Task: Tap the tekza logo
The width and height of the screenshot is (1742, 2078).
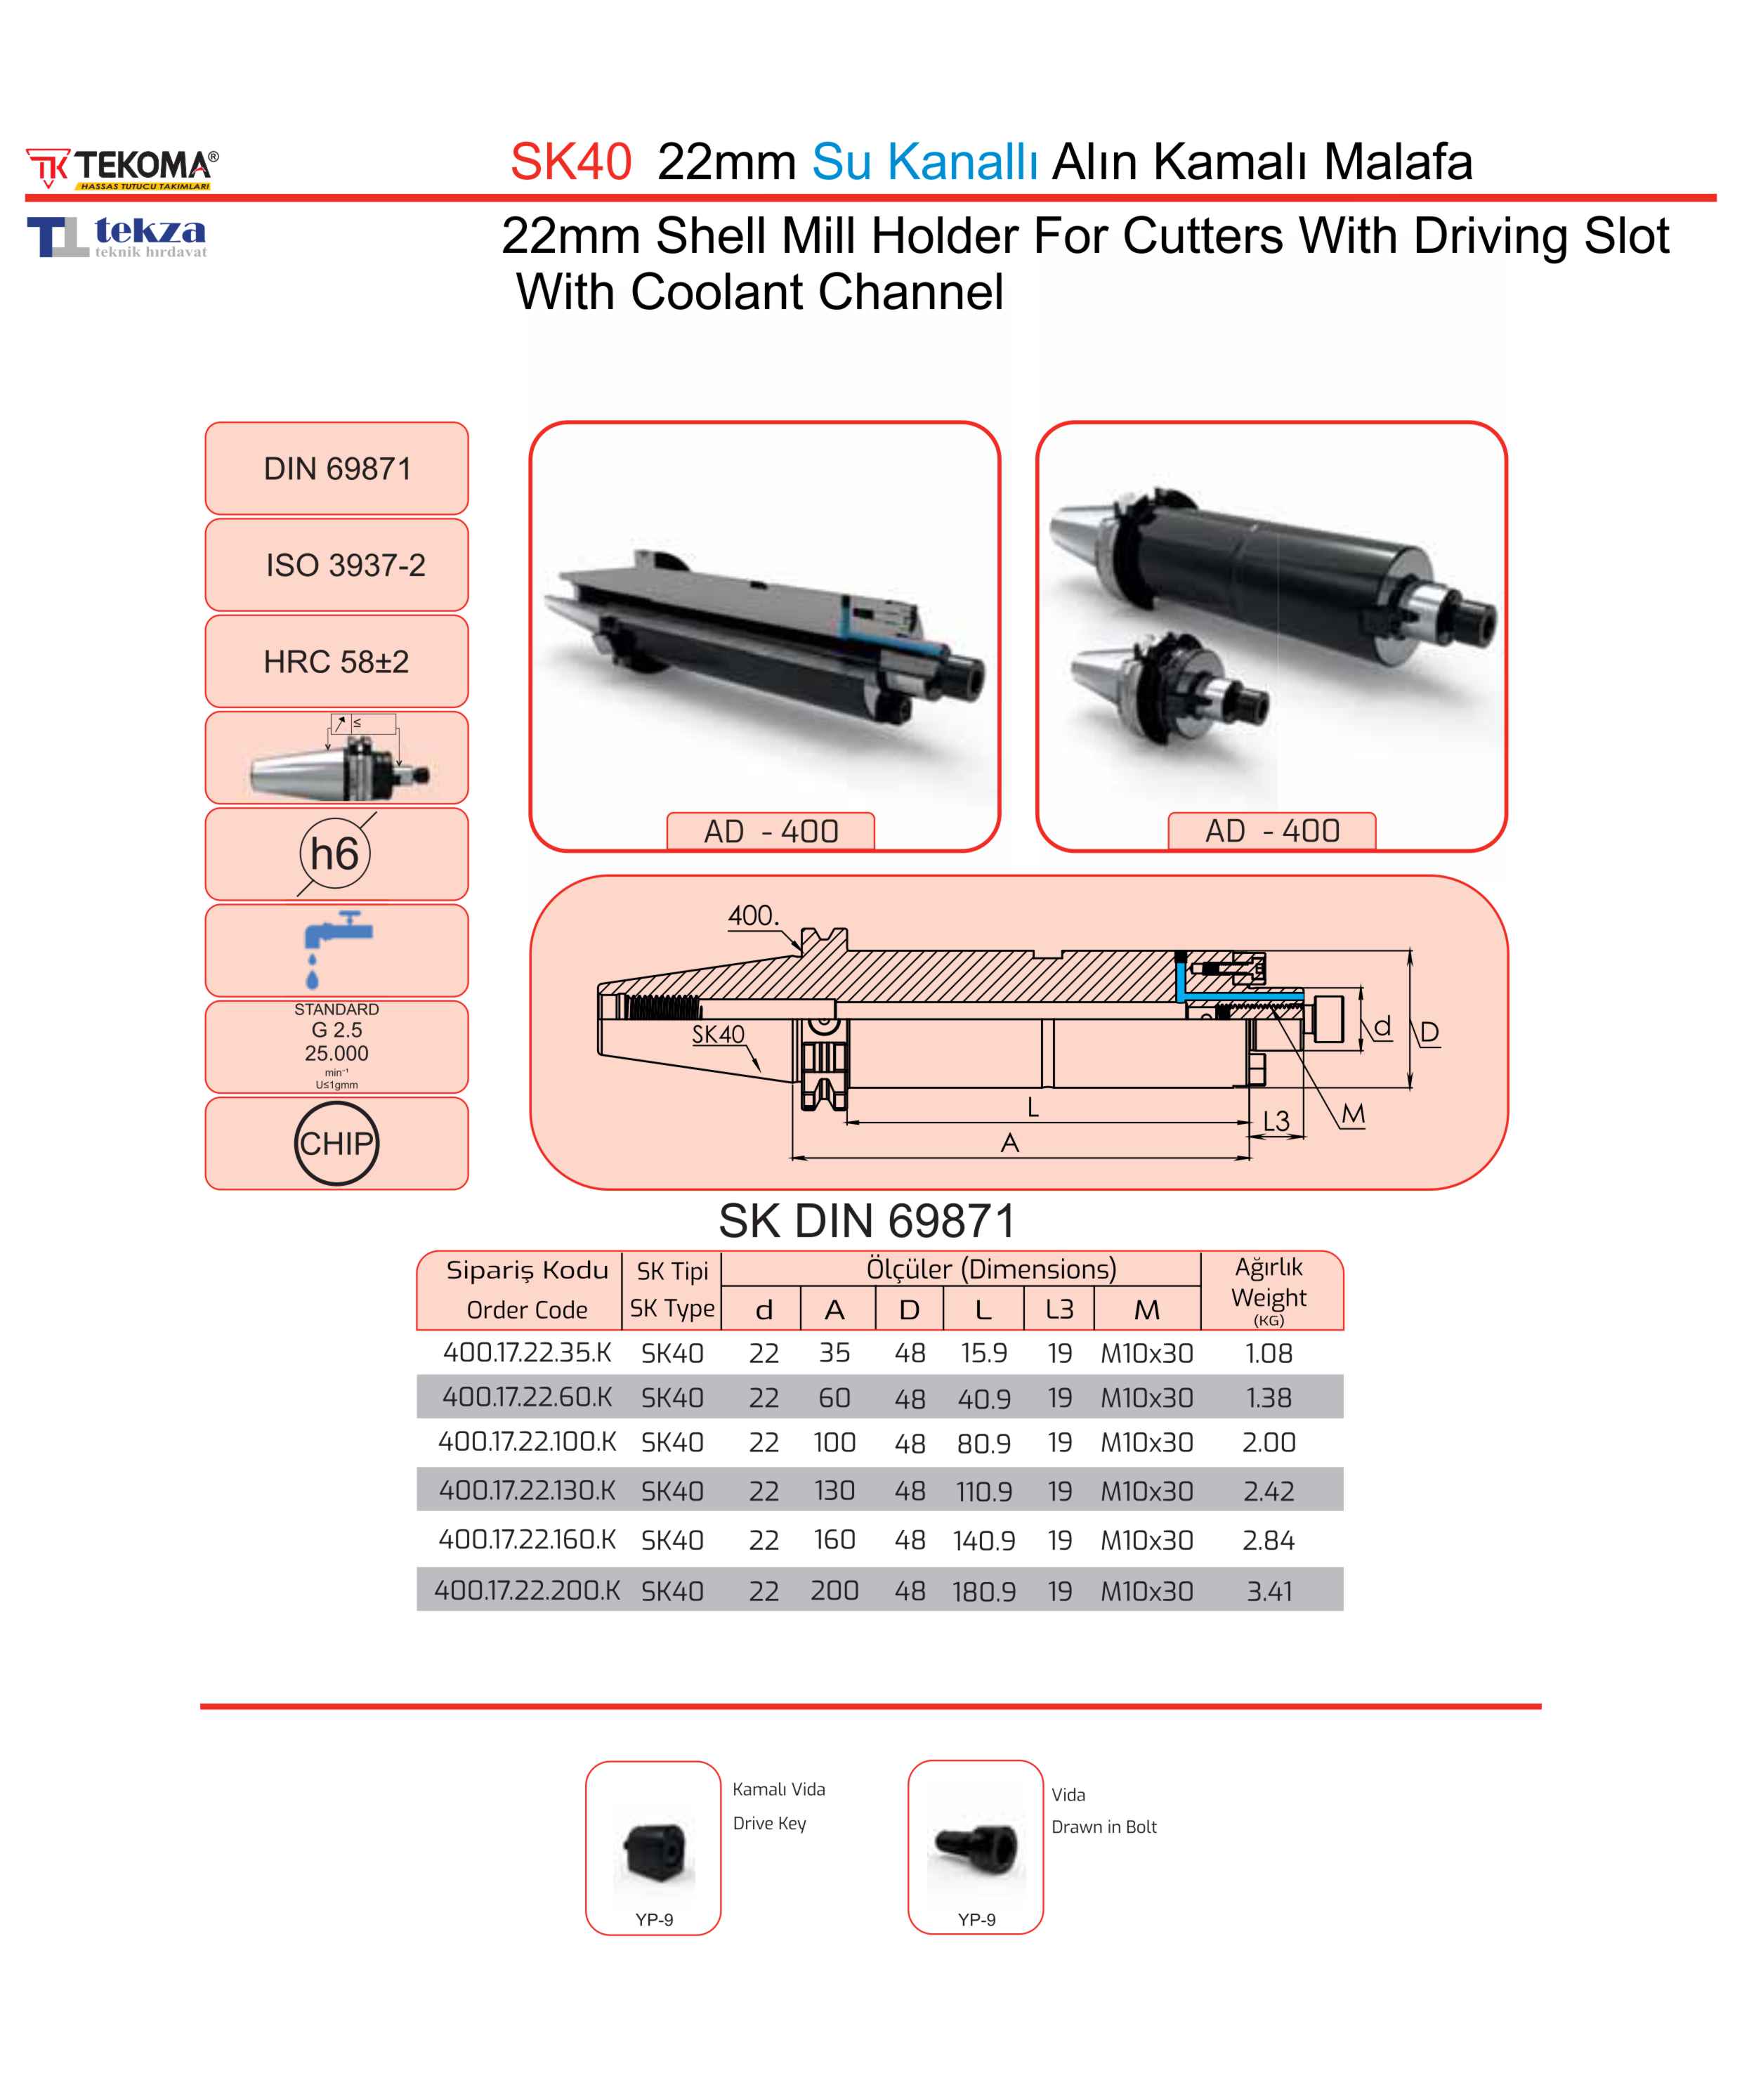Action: click(117, 237)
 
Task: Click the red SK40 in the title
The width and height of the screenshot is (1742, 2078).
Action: click(571, 162)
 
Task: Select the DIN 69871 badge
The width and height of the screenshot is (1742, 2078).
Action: click(336, 468)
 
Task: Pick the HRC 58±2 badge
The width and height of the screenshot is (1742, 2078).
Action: click(336, 661)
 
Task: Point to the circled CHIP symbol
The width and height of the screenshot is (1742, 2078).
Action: click(336, 1143)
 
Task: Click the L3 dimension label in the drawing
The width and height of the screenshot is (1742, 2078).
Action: click(1276, 1121)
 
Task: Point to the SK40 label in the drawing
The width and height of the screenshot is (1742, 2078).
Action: click(718, 1034)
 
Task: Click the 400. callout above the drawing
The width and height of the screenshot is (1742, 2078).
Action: click(754, 915)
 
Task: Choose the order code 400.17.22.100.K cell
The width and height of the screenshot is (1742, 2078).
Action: click(528, 1442)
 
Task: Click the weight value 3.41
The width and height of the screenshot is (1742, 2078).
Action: click(1269, 1591)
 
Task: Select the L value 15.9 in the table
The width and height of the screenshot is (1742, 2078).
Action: click(983, 1353)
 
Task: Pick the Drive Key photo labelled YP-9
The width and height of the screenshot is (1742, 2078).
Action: click(654, 1852)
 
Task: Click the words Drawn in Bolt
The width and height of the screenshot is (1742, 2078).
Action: click(1104, 1827)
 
